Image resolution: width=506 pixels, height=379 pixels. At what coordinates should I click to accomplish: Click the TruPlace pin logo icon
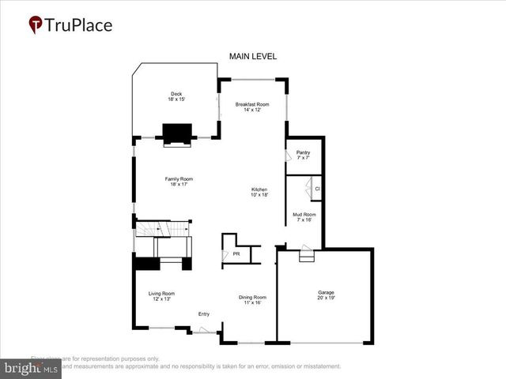[36, 25]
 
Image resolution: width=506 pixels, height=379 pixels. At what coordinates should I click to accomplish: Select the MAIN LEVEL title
[252, 56]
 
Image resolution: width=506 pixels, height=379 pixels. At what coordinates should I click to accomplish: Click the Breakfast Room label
[252, 104]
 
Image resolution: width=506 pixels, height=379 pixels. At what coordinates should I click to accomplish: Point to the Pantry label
[303, 152]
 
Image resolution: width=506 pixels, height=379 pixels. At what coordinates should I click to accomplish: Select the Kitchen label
[259, 189]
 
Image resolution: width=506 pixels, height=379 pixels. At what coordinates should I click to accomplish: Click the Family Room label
[179, 178]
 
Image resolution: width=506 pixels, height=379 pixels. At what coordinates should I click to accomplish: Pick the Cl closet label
[317, 189]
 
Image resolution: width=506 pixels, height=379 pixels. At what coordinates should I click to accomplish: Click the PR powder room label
[236, 254]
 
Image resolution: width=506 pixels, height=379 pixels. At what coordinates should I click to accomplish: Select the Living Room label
[160, 294]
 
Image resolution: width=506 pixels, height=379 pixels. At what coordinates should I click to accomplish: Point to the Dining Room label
[253, 297]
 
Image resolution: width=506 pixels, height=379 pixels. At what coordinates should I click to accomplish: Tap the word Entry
[204, 313]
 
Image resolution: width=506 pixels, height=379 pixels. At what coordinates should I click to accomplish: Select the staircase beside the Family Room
[162, 229]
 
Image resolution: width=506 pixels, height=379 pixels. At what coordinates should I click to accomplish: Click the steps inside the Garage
[306, 254]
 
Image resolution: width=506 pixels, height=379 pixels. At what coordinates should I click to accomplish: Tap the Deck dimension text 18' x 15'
[176, 99]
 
